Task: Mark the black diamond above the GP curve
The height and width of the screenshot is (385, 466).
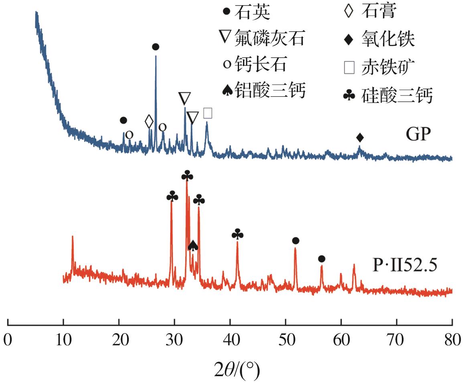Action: pos(360,138)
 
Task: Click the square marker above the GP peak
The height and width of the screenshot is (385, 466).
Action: pos(208,113)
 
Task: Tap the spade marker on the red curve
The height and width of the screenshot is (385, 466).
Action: pos(193,245)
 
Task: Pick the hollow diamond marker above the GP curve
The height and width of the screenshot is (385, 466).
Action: pos(149,121)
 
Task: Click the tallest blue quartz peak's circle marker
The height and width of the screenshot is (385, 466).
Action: pos(156,47)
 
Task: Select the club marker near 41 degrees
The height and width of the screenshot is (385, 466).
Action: pos(237,233)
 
